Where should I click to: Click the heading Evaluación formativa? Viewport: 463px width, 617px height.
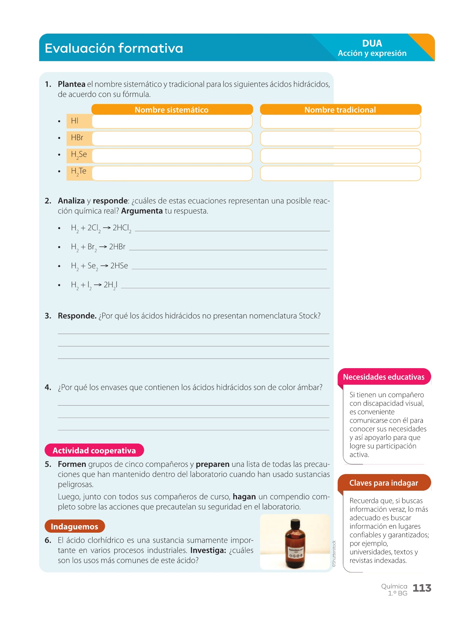pyautogui.click(x=114, y=48)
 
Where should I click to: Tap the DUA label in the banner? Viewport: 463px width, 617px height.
pyautogui.click(x=372, y=44)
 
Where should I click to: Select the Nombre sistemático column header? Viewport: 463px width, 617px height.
pyautogui.click(x=172, y=110)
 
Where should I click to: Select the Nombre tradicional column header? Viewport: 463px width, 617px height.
pyautogui.click(x=340, y=110)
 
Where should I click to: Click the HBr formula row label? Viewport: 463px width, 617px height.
pyautogui.click(x=78, y=138)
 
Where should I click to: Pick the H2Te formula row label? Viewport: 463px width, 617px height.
pyautogui.click(x=79, y=172)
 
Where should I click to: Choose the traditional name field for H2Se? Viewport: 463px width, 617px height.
pyautogui.click(x=340, y=156)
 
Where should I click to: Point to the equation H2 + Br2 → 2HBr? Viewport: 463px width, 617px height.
pyautogui.click(x=98, y=247)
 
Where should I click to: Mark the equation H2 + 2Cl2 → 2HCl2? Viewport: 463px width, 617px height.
pyautogui.click(x=101, y=228)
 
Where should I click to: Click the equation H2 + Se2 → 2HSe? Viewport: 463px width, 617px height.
pyautogui.click(x=99, y=266)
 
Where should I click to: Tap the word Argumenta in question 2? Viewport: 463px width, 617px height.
pyautogui.click(x=142, y=211)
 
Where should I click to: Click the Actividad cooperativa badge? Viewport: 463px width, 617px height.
pyautogui.click(x=94, y=450)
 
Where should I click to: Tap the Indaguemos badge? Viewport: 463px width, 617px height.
pyautogui.click(x=74, y=527)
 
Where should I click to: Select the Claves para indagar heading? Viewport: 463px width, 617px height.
pyautogui.click(x=384, y=483)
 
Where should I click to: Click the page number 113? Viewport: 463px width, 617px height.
pyautogui.click(x=422, y=588)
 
